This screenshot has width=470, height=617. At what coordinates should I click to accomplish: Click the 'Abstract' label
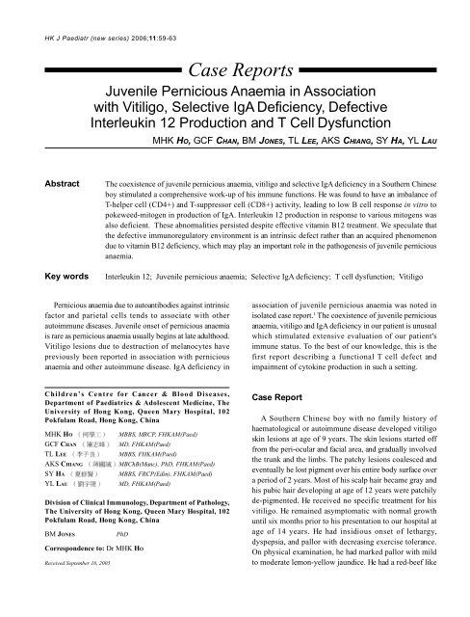click(33, 180)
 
